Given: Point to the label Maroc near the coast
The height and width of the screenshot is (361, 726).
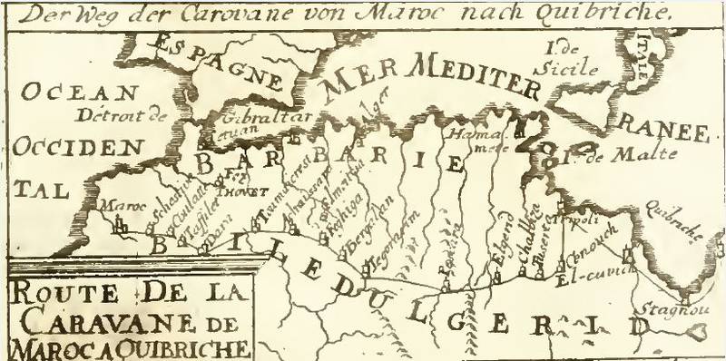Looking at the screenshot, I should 117,205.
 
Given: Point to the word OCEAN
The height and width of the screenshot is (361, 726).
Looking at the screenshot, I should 79,93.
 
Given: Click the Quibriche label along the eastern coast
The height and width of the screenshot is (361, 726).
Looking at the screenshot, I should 672,221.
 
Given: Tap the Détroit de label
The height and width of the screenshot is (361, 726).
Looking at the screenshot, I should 124,115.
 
